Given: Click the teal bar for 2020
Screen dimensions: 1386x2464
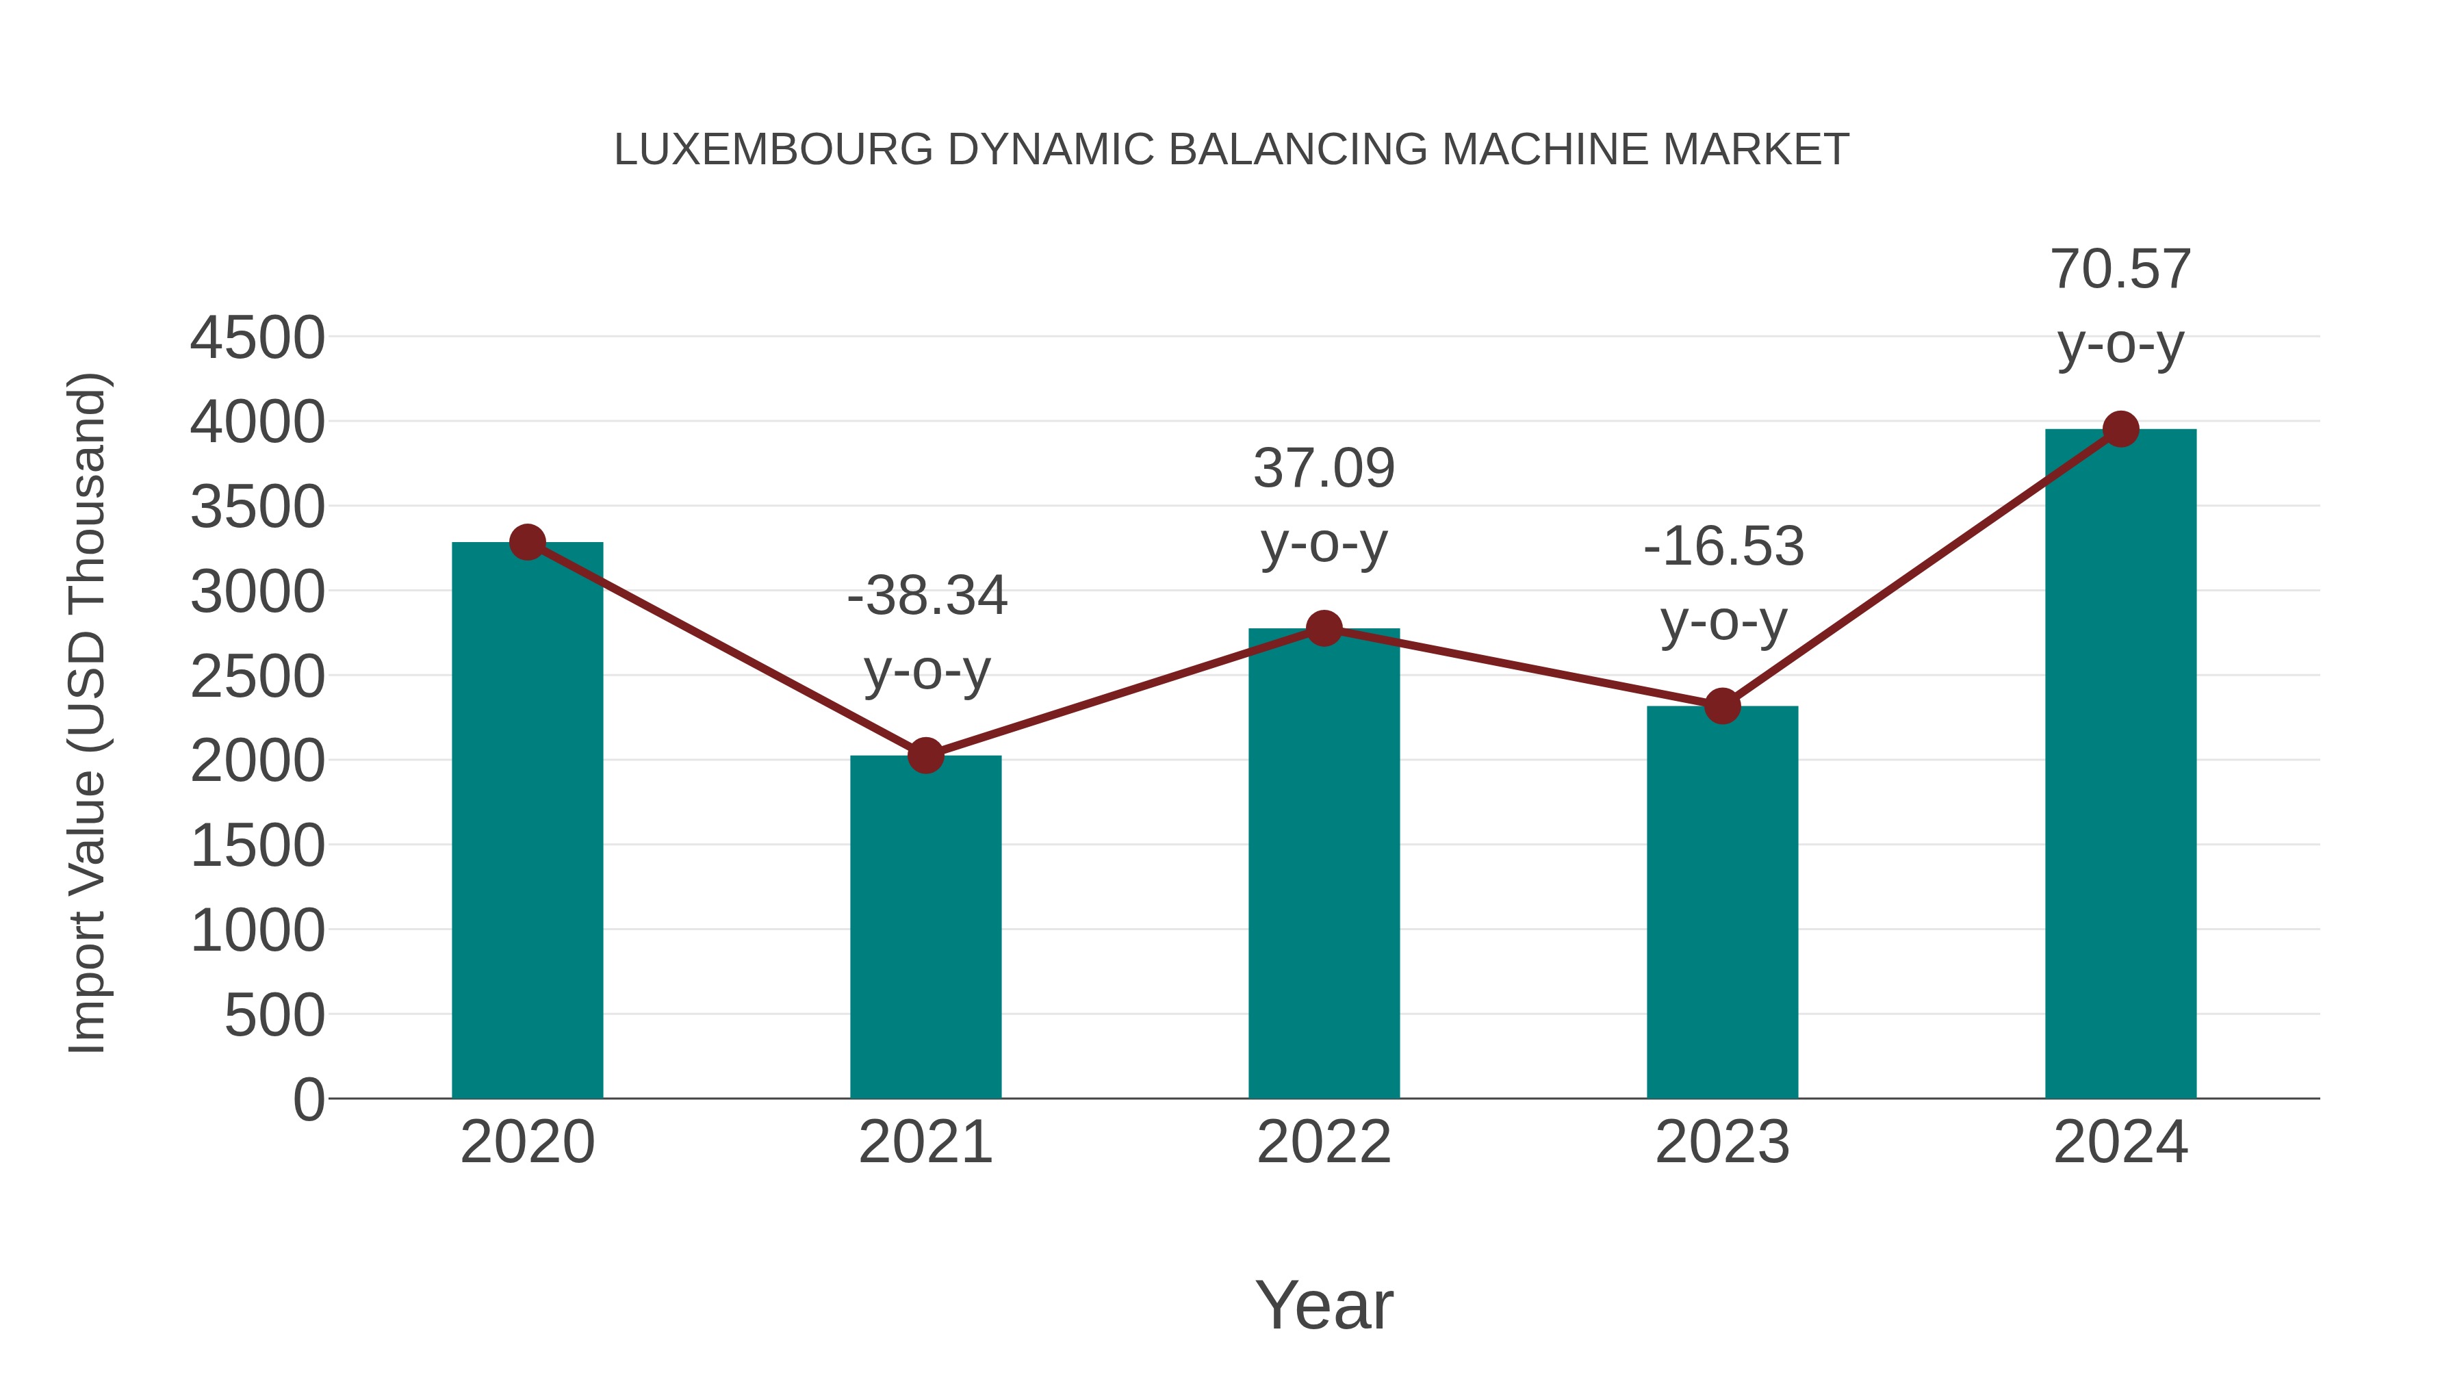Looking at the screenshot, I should [527, 823].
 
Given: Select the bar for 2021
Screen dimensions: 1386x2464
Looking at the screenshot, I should [925, 928].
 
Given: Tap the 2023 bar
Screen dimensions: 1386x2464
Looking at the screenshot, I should [1722, 904].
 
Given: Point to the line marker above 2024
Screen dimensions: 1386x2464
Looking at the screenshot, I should [2120, 429].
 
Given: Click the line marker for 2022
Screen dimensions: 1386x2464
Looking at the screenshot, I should [1324, 628].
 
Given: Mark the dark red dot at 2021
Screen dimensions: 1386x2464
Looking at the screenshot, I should [925, 756].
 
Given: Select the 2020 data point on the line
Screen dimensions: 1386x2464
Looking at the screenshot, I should [527, 542].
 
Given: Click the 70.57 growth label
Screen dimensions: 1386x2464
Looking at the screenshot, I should [2120, 270].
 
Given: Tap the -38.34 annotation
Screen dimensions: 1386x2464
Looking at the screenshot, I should [927, 596].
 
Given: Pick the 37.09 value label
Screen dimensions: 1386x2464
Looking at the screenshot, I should [1324, 469].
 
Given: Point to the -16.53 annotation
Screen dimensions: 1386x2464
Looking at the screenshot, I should [1723, 547].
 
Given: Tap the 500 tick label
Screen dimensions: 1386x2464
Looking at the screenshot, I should [274, 1015].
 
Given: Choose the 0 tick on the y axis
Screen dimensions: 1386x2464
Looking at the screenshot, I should [309, 1099].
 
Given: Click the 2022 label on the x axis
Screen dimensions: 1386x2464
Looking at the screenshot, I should [1324, 1142].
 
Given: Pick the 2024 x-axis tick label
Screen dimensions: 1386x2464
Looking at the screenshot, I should [2120, 1142].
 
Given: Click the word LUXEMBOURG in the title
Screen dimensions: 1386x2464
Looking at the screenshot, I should [773, 150].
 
